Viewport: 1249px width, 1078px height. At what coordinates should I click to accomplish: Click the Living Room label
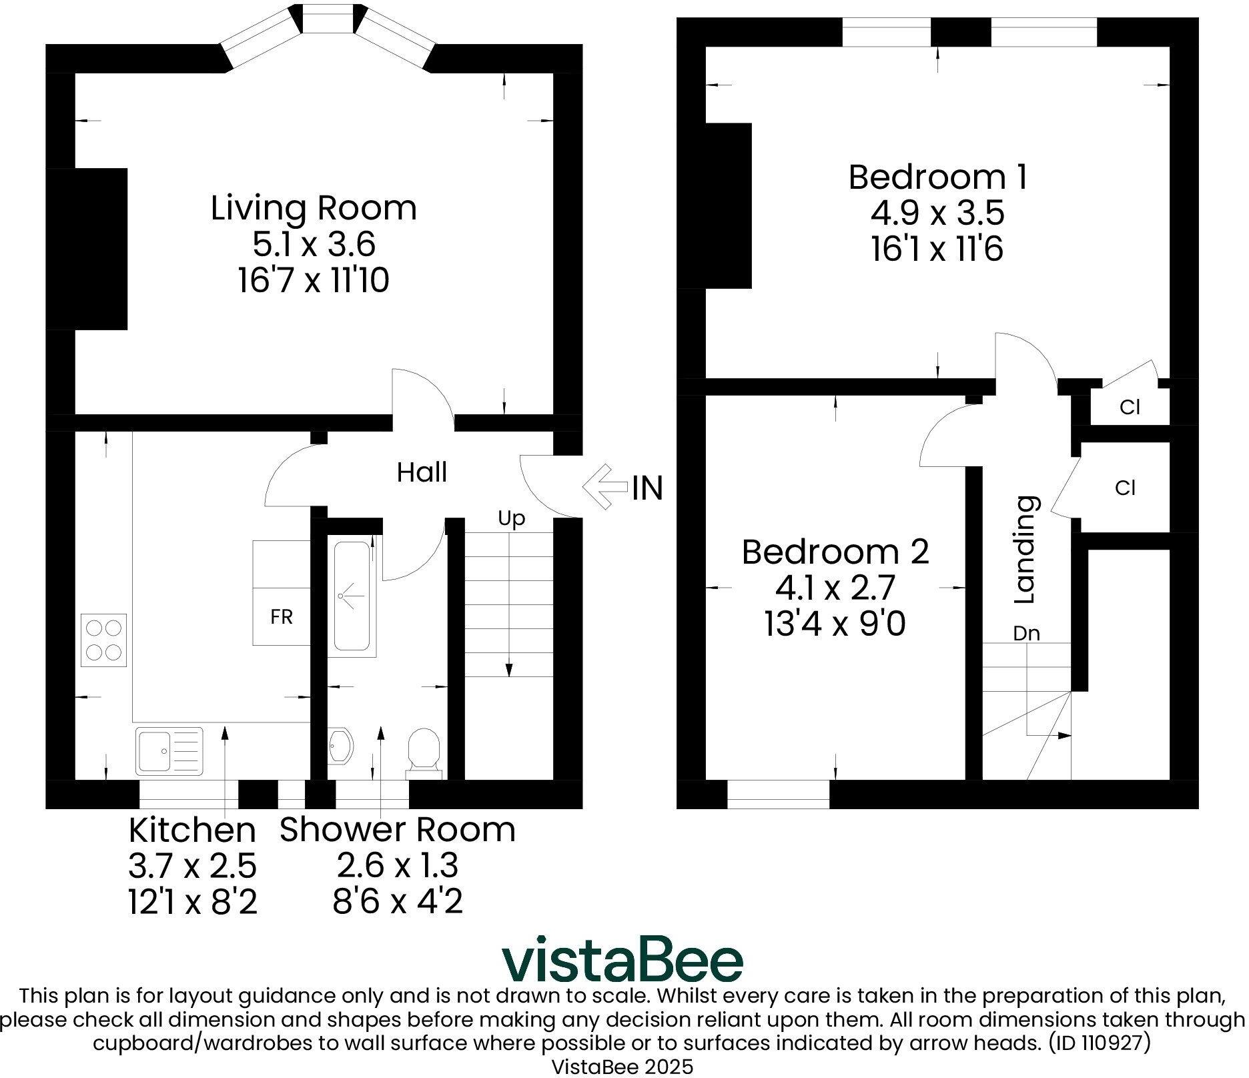314,207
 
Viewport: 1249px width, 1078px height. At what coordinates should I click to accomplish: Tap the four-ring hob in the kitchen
103,640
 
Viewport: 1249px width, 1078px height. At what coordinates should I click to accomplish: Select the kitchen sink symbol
169,751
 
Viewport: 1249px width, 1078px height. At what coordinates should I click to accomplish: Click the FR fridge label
282,617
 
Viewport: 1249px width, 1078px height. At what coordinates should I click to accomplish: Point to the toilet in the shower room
424,753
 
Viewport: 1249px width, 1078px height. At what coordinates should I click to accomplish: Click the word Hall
422,472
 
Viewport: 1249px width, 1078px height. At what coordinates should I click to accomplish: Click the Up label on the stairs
512,519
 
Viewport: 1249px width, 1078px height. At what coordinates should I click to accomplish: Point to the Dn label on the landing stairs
1026,633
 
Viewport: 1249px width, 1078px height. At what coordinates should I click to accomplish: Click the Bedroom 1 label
937,177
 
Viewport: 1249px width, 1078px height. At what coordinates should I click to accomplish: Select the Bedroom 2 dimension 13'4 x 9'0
835,625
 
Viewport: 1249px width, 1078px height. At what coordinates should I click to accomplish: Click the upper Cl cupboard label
1130,407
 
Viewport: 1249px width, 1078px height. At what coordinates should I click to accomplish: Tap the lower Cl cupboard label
1125,488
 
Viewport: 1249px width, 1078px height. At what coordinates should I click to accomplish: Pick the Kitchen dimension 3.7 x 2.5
192,867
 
